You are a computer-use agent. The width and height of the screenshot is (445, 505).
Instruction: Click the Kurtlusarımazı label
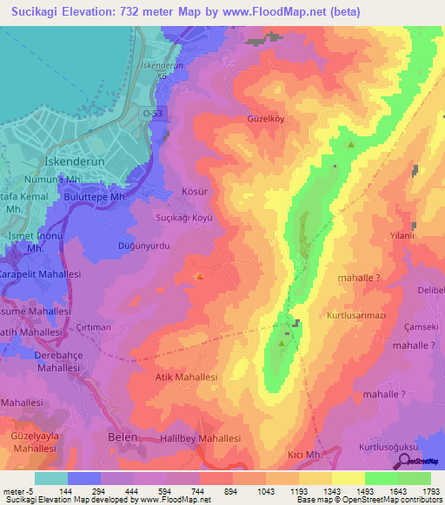click(x=356, y=315)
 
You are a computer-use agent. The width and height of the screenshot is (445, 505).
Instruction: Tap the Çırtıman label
click(x=93, y=327)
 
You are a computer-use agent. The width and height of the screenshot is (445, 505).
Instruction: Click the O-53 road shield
click(x=153, y=113)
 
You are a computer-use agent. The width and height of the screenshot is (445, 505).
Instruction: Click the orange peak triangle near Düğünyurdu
click(x=200, y=277)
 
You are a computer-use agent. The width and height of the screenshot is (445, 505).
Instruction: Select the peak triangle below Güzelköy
click(x=350, y=146)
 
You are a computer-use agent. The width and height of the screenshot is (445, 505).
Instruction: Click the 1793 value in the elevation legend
click(x=430, y=489)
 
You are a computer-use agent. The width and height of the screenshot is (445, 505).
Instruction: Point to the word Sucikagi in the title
click(x=37, y=11)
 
